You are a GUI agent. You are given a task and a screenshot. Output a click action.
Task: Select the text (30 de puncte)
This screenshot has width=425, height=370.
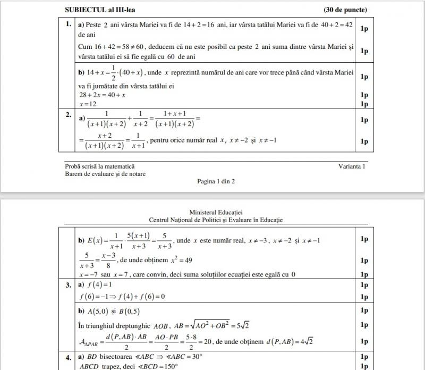click(x=345, y=10)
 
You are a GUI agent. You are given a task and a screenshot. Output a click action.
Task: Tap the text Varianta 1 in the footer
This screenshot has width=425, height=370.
click(x=352, y=166)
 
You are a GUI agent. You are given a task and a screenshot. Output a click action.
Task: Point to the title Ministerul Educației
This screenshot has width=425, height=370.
click(x=216, y=212)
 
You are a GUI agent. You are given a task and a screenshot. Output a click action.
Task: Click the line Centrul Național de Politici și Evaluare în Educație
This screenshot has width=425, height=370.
click(x=216, y=220)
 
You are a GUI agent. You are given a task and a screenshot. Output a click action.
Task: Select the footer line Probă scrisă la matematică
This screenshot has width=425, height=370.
click(x=99, y=166)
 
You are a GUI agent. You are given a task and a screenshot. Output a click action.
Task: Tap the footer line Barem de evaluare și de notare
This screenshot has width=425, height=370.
click(x=105, y=173)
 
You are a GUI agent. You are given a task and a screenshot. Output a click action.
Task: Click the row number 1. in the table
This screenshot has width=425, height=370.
click(x=68, y=24)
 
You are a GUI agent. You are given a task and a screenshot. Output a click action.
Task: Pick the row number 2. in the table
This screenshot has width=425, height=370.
click(x=68, y=114)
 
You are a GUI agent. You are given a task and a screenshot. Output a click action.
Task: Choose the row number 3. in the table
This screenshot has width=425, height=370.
click(x=68, y=285)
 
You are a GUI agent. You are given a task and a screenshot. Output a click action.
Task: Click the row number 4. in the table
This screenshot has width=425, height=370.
click(x=68, y=357)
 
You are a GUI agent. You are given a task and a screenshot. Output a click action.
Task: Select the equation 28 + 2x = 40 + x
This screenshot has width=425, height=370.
click(x=101, y=95)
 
